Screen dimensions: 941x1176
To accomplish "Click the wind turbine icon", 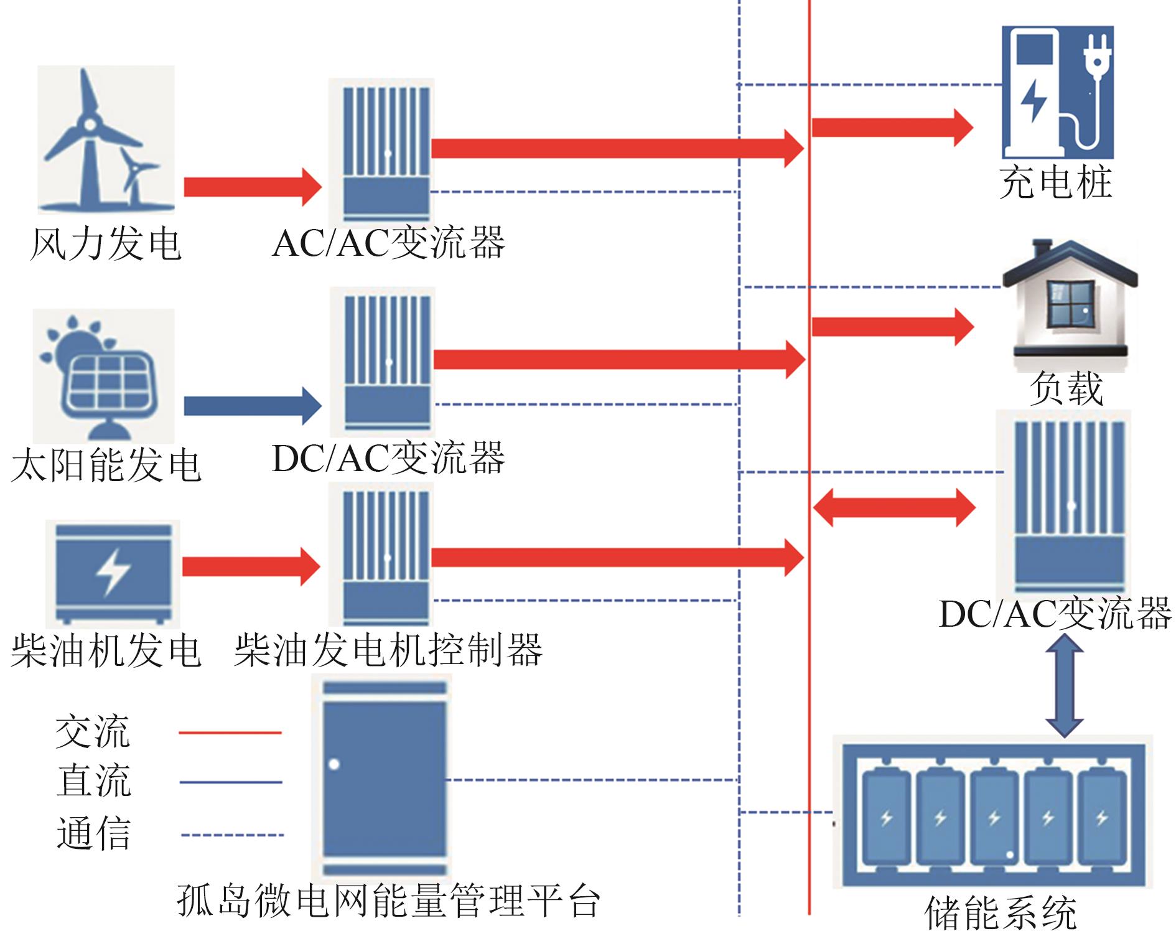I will click(106, 140).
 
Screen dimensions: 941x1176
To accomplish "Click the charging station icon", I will click(1057, 92).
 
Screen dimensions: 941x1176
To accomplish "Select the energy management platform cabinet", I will click(385, 778).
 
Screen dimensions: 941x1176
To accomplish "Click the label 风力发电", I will click(106, 243).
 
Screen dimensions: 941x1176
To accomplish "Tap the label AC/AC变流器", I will click(388, 243).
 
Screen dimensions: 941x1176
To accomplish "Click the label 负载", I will click(1066, 388).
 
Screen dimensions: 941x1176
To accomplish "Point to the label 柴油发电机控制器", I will click(388, 651).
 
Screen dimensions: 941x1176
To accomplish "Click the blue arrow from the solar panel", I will click(252, 406).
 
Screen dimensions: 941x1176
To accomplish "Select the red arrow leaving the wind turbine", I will click(252, 187).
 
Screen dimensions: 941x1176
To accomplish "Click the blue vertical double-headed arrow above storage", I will click(1065, 685).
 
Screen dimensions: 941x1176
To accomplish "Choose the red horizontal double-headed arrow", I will click(894, 508).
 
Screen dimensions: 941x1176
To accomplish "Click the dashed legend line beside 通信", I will click(232, 835).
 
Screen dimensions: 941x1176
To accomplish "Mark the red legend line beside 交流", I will click(230, 733).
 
